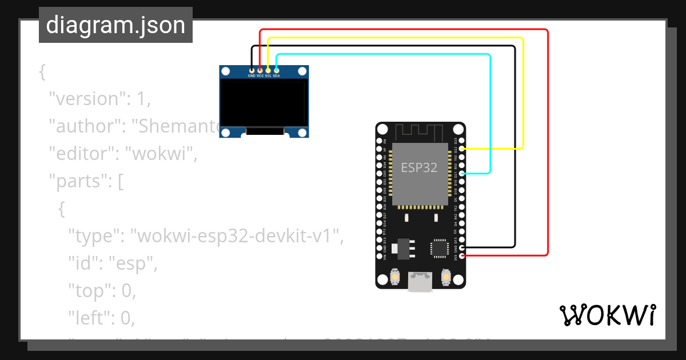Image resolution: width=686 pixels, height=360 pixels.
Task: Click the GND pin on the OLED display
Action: [252, 70]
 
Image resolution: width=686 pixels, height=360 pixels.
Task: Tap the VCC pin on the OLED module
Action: [260, 70]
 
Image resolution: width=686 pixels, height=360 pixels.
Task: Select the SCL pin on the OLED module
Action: [268, 70]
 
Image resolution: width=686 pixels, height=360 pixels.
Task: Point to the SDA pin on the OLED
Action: [277, 70]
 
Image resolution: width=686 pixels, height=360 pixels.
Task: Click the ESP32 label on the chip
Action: [419, 168]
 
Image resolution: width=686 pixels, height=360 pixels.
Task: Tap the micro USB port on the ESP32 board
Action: [420, 282]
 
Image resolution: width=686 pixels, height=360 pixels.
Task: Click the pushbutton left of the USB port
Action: [394, 278]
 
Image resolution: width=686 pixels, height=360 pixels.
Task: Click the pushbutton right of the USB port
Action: [446, 278]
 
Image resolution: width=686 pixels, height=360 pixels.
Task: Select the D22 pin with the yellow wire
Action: [462, 149]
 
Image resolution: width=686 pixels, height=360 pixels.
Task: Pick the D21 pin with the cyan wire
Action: [462, 173]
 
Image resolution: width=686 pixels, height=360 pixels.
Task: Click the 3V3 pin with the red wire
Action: [462, 256]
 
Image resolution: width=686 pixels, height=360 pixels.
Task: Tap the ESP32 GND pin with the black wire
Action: [462, 247]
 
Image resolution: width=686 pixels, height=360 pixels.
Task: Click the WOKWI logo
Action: [607, 315]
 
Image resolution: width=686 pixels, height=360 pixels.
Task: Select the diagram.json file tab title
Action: [115, 25]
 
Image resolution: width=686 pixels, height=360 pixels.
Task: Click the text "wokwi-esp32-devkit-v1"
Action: [236, 235]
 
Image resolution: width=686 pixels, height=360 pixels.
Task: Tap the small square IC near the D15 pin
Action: [439, 247]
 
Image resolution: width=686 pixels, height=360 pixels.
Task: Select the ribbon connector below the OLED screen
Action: [265, 132]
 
